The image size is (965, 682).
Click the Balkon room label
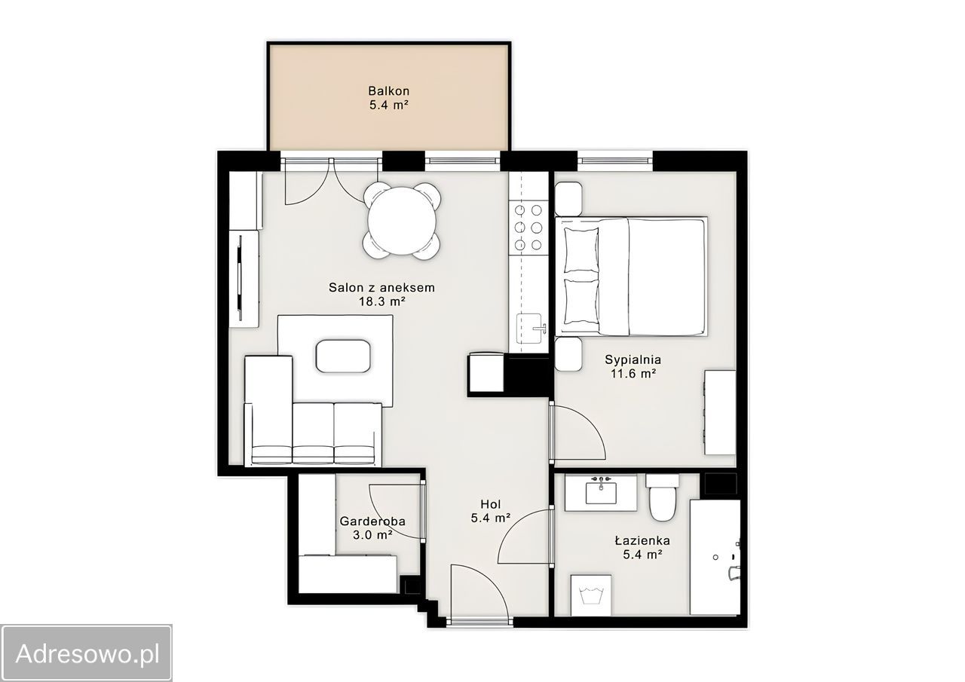[x=388, y=91]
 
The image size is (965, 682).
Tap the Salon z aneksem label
[x=381, y=287]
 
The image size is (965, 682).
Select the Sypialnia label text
[x=633, y=359]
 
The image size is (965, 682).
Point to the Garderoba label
[x=372, y=521]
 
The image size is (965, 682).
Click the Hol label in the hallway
[x=491, y=503]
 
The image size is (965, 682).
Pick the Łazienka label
[x=642, y=540]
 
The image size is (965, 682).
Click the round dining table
[x=402, y=221]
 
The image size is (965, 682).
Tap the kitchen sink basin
[x=528, y=329]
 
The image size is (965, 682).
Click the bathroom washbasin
[x=601, y=493]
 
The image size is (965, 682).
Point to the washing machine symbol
[x=590, y=595]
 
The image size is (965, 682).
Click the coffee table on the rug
[x=343, y=356]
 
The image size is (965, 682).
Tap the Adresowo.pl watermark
[x=87, y=653]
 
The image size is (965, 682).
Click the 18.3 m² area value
[x=382, y=301]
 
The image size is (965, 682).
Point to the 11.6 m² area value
[x=633, y=373]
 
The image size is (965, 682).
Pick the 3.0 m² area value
[x=372, y=535]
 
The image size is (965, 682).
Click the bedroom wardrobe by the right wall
[x=720, y=412]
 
